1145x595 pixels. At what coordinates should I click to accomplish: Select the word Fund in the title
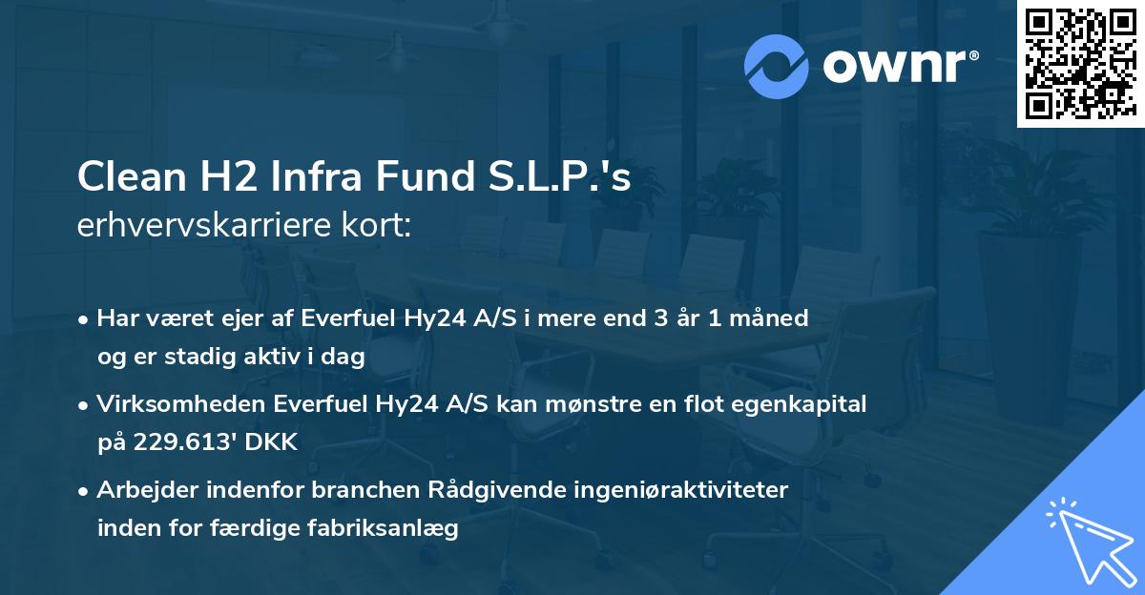(x=414, y=177)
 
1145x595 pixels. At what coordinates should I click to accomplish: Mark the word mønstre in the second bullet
(x=597, y=404)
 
